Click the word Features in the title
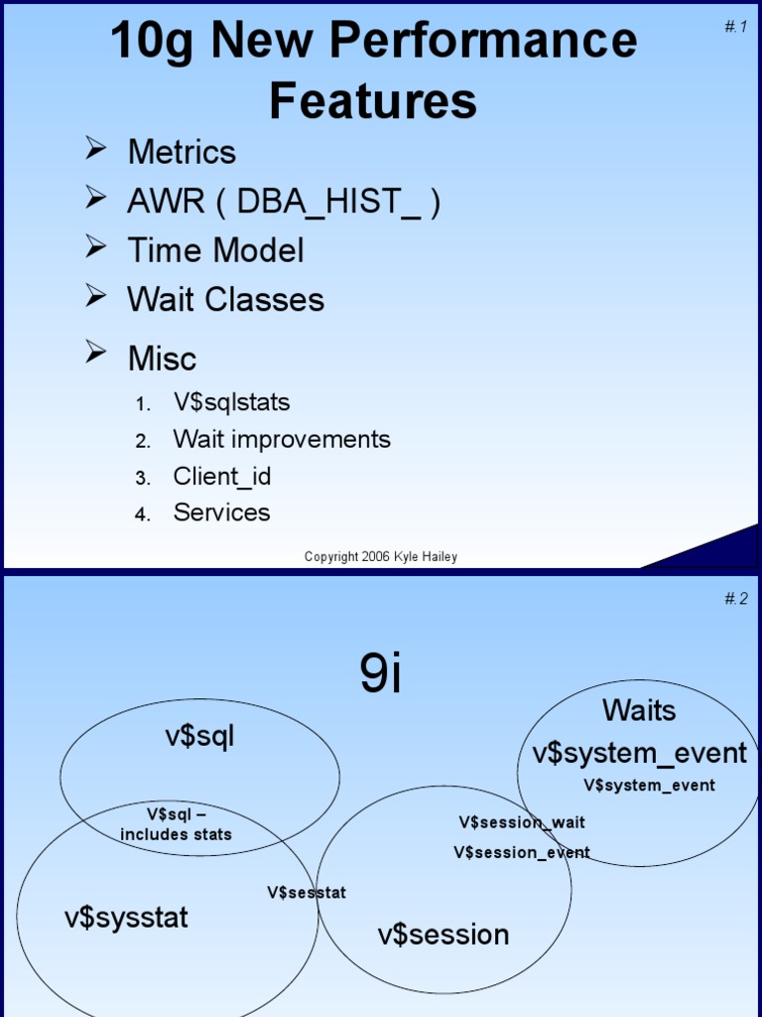(373, 100)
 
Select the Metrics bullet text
(182, 152)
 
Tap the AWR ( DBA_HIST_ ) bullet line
(284, 202)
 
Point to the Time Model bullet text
(215, 250)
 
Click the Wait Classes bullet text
(225, 299)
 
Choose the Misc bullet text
(162, 358)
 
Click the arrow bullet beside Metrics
(95, 149)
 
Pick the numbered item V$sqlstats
(231, 402)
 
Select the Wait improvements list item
(282, 439)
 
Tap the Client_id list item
(222, 476)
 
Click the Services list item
(221, 512)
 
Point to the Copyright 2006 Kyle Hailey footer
(381, 557)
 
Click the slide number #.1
(735, 27)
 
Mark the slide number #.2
(735, 598)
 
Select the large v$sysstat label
(126, 918)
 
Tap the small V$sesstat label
(307, 892)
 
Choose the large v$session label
(444, 935)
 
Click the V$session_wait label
(522, 822)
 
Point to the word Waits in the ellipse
(639, 711)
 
